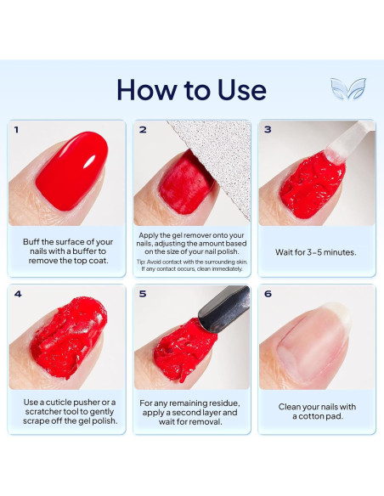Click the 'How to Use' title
pyautogui.click(x=191, y=89)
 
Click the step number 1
pyautogui.click(x=16, y=130)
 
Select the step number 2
pyautogui.click(x=143, y=130)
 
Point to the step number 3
pyautogui.click(x=268, y=130)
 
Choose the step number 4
pyautogui.click(x=16, y=295)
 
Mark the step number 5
pyautogui.click(x=143, y=295)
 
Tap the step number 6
pyautogui.click(x=268, y=295)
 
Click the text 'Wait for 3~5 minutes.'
pyautogui.click(x=316, y=252)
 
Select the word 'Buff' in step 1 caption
pyautogui.click(x=35, y=241)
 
